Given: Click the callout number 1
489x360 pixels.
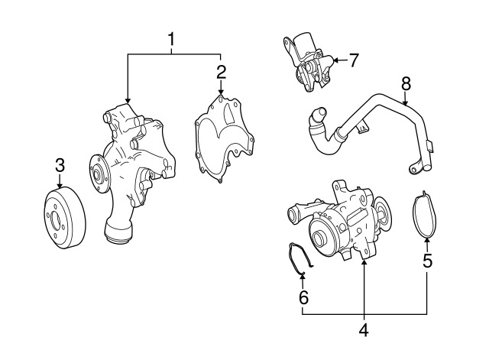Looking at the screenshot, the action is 171,40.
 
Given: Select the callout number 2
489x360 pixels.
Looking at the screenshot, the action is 221,73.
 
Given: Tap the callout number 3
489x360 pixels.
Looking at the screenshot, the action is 60,165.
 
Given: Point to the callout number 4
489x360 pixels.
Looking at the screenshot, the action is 364,329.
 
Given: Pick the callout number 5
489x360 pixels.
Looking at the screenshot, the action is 428,261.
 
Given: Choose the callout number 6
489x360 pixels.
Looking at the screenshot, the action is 303,297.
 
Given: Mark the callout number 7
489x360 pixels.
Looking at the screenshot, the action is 353,60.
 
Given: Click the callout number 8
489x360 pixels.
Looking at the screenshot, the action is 406,83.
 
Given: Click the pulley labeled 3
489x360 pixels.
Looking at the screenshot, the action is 64,218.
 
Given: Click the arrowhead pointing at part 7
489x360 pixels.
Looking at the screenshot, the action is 336,60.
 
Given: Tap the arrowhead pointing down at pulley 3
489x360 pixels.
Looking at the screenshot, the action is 60,185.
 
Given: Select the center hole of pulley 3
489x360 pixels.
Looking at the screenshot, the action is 55,221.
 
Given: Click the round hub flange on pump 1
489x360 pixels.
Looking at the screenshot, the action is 99,176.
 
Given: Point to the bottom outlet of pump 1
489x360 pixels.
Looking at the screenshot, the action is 118,232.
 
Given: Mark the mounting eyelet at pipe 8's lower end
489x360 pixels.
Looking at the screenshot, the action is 413,170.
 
